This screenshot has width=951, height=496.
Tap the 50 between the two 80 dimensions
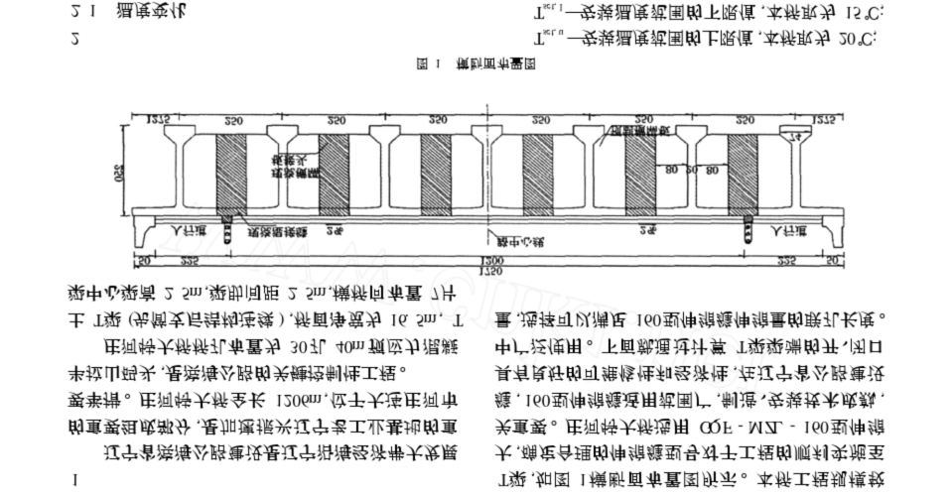[x=687, y=170]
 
